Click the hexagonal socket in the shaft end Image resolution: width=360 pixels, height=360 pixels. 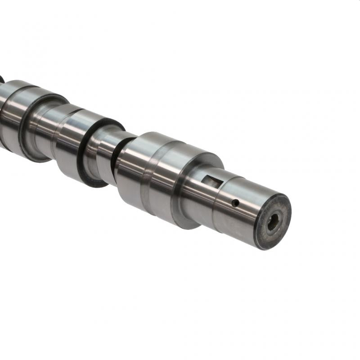(x=273, y=222)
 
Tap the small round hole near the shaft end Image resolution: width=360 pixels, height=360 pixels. (x=235, y=203)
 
